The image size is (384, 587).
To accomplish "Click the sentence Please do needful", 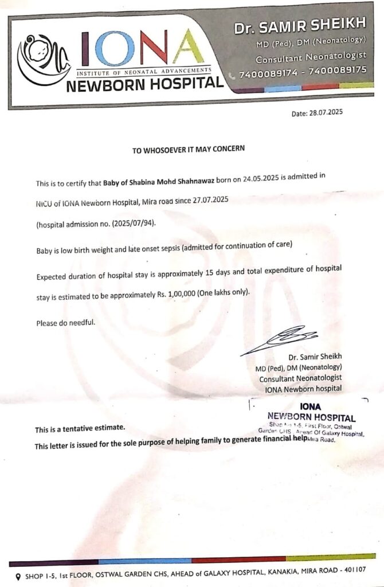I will tap(65, 323).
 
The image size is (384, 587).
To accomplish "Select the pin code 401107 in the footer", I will tap(352, 570).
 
